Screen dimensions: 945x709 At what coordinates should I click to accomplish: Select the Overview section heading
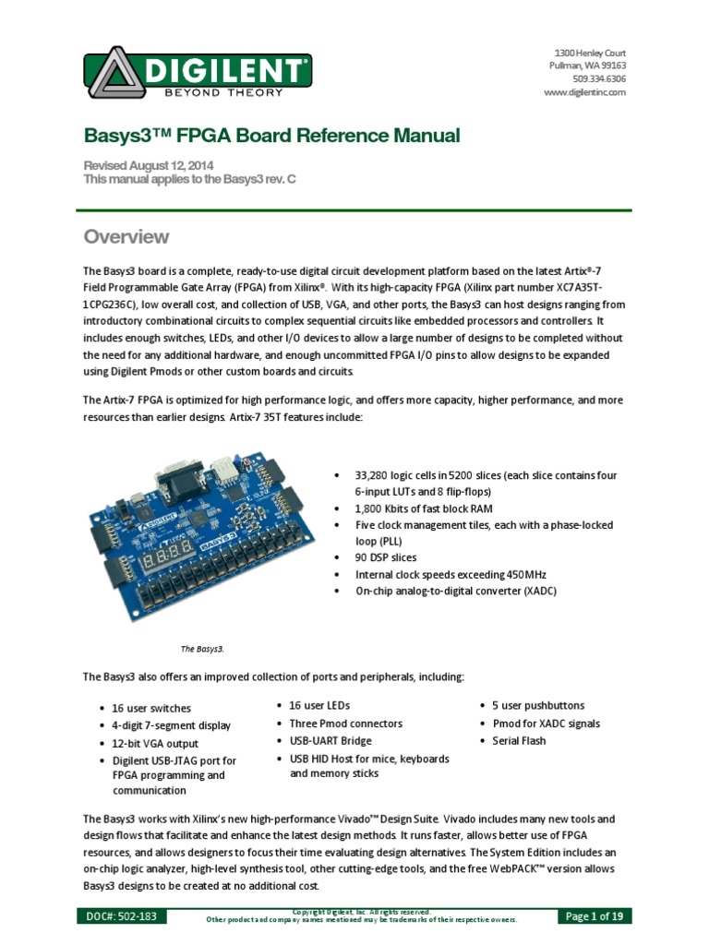click(x=126, y=236)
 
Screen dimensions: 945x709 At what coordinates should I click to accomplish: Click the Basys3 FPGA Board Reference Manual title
click(x=271, y=137)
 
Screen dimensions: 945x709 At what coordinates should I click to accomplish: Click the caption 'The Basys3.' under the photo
click(x=202, y=649)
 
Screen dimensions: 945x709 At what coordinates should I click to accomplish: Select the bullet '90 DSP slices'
click(x=386, y=557)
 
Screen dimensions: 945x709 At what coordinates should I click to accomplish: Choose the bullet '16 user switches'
click(x=151, y=709)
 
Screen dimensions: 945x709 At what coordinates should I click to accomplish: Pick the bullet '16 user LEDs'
click(x=319, y=706)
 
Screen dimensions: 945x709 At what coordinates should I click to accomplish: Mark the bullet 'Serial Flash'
click(x=520, y=741)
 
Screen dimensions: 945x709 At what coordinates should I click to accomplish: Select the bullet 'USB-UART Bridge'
click(x=330, y=741)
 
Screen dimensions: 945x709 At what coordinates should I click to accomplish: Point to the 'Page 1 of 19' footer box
click(x=595, y=916)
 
